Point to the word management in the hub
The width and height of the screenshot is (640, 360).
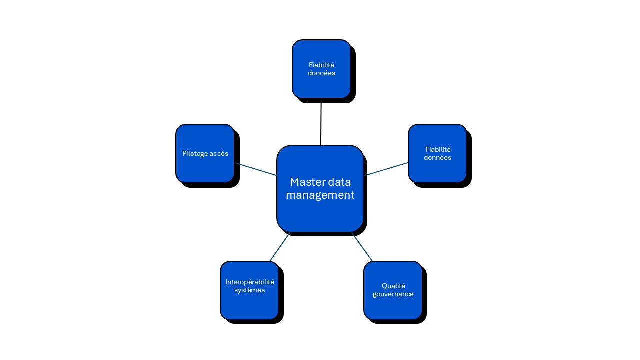pyautogui.click(x=320, y=195)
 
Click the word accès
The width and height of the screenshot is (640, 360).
pyautogui.click(x=219, y=154)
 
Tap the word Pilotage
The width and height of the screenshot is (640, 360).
pyautogui.click(x=195, y=154)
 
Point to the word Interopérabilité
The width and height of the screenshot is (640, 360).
pyautogui.click(x=250, y=282)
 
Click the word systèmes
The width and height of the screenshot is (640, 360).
pyautogui.click(x=249, y=290)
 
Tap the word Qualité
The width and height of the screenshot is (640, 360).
pyautogui.click(x=393, y=286)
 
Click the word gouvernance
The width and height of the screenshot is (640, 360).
pyautogui.click(x=393, y=294)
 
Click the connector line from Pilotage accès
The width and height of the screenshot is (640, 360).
pyautogui.click(x=255, y=169)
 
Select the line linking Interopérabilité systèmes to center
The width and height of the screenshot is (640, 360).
pyautogui.click(x=280, y=247)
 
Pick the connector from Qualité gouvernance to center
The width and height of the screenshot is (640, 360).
pyautogui.click(x=362, y=247)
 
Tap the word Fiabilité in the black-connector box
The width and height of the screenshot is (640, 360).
pyautogui.click(x=321, y=65)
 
